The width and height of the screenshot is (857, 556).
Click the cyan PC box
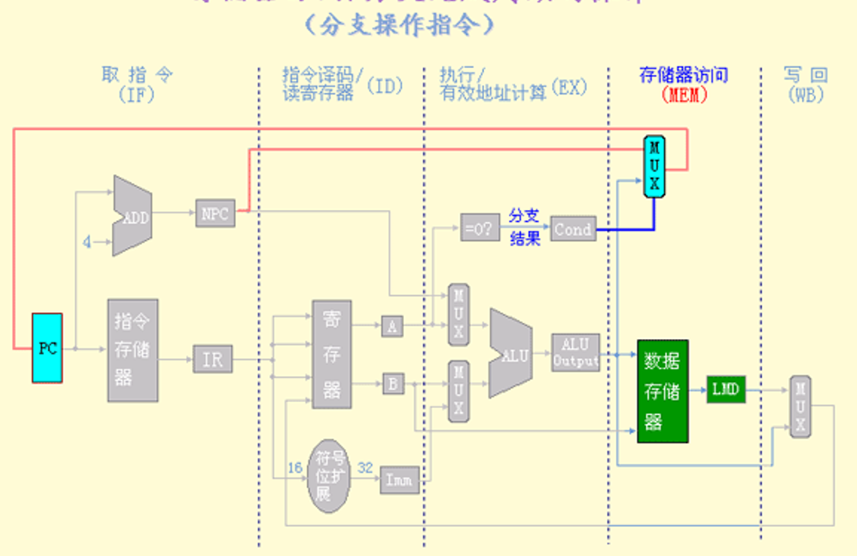[x=47, y=348]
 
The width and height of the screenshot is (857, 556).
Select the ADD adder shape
[x=132, y=217]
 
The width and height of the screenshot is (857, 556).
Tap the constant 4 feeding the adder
[x=87, y=243]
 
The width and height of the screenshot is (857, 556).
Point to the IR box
[x=212, y=359]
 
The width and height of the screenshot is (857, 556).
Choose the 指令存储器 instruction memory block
[x=133, y=349]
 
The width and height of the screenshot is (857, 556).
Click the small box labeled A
[x=392, y=325]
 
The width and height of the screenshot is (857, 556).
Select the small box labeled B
[x=393, y=384]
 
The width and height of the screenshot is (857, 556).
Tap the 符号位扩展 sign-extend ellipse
[x=325, y=474]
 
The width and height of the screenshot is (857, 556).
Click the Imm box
[x=400, y=480]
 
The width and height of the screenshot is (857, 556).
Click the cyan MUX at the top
[x=655, y=166]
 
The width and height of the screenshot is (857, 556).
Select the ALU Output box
[x=575, y=352]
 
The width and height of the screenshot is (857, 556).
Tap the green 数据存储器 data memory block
[x=663, y=391]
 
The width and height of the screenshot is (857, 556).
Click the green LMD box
[x=725, y=389]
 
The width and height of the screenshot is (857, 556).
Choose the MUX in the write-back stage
[x=800, y=406]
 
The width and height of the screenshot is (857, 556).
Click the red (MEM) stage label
[x=684, y=96]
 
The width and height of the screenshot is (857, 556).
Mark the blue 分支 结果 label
[x=525, y=226]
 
